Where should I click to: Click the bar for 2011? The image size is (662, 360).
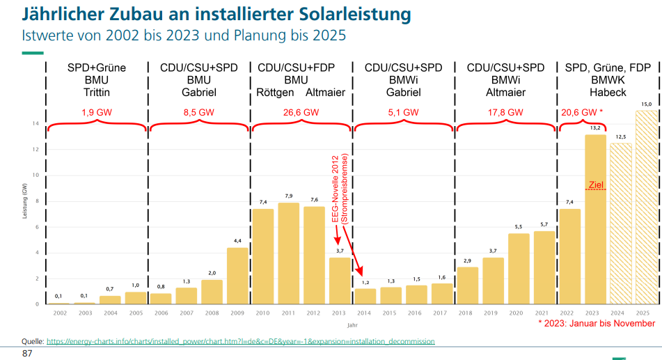pyautogui.click(x=288, y=253)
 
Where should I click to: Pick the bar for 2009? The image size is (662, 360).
pyautogui.click(x=237, y=276)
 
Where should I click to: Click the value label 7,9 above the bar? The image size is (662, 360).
pyautogui.click(x=288, y=196)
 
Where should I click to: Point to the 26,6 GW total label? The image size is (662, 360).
pyautogui.click(x=301, y=112)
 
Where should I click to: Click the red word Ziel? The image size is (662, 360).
pyautogui.click(x=595, y=185)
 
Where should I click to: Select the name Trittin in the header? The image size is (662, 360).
pyautogui.click(x=97, y=93)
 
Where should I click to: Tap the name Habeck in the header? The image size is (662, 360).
pyautogui.click(x=608, y=93)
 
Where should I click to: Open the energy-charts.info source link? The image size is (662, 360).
pyautogui.click(x=240, y=341)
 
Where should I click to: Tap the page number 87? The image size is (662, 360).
pyautogui.click(x=27, y=354)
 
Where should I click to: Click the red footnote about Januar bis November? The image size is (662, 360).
pyautogui.click(x=596, y=324)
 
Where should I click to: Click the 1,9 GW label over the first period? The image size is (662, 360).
pyautogui.click(x=97, y=112)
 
